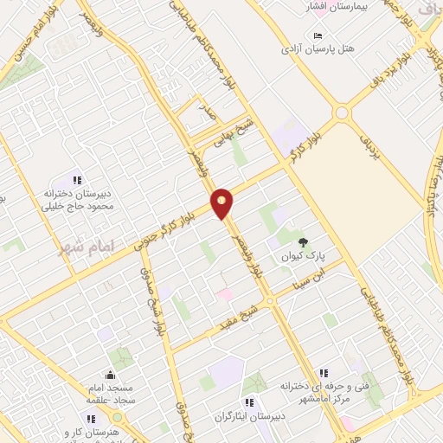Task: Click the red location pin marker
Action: pos(222,202)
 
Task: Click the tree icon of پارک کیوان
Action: pos(302,242)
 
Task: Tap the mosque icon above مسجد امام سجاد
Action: pos(110,375)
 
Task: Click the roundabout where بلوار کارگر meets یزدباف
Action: pos(342,112)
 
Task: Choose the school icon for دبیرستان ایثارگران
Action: pos(249,401)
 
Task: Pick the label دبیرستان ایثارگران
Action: pos(252,415)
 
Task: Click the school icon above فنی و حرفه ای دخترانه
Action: pos(322,372)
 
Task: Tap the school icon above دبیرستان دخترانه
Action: pos(77,180)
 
